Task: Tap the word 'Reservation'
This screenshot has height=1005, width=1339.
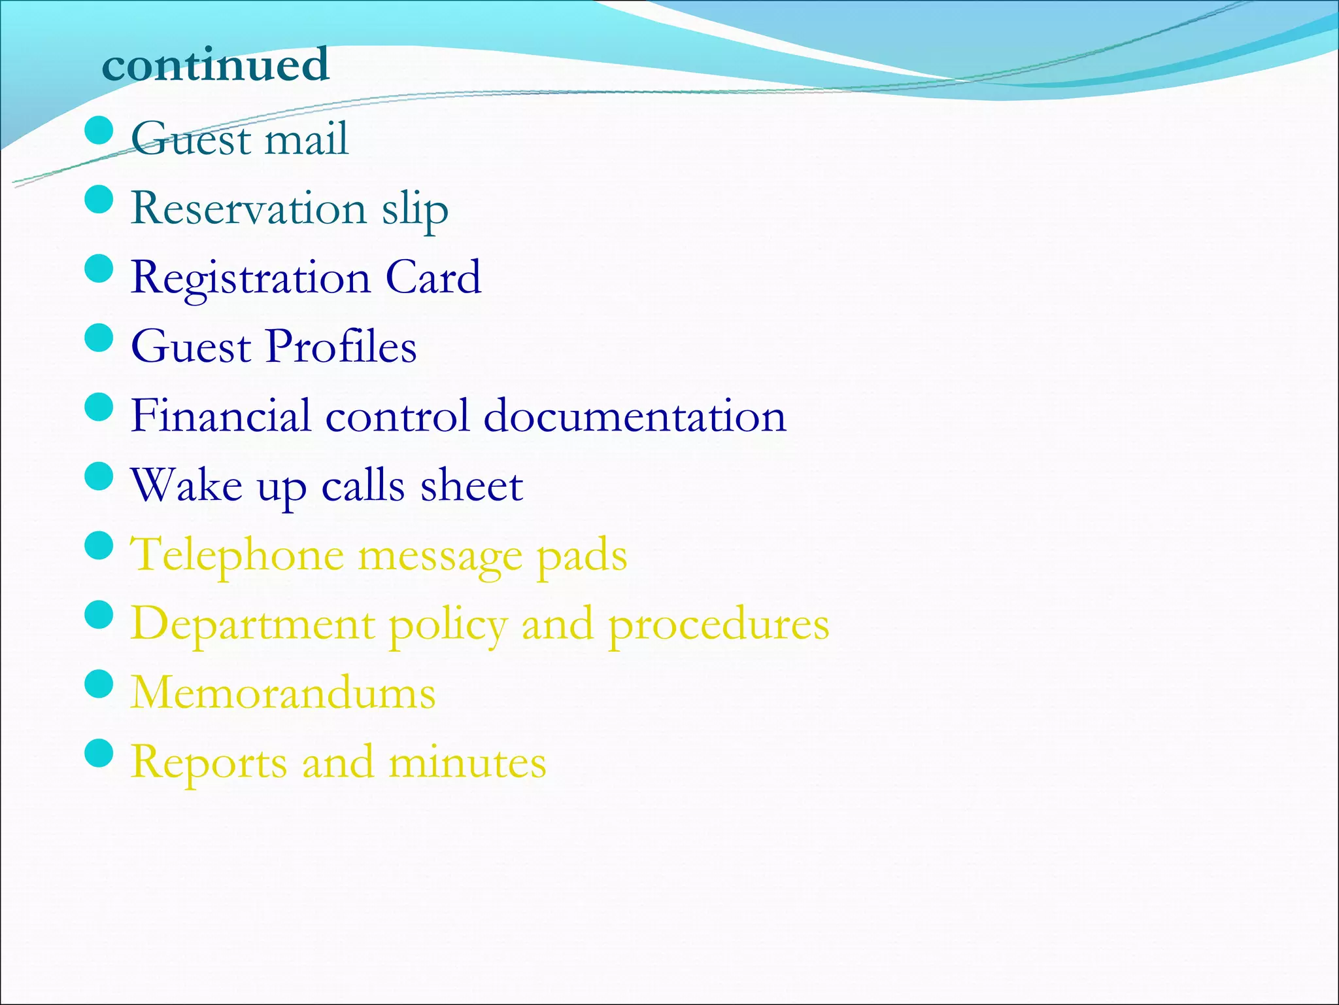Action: [248, 208]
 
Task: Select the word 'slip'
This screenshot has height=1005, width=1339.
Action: [415, 209]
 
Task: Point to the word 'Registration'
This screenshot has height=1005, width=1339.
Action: [250, 278]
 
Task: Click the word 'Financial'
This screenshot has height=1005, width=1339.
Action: [220, 415]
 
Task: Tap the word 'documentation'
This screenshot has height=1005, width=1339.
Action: [634, 416]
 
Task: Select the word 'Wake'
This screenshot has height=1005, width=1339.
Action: [186, 485]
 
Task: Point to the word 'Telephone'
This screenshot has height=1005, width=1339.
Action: [237, 555]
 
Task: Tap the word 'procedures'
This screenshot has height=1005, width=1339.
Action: [719, 625]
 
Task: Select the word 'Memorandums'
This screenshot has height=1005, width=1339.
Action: [283, 693]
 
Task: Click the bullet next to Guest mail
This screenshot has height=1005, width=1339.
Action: [99, 130]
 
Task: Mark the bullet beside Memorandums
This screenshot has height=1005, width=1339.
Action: [99, 684]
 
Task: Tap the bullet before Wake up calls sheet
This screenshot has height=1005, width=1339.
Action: [99, 476]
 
